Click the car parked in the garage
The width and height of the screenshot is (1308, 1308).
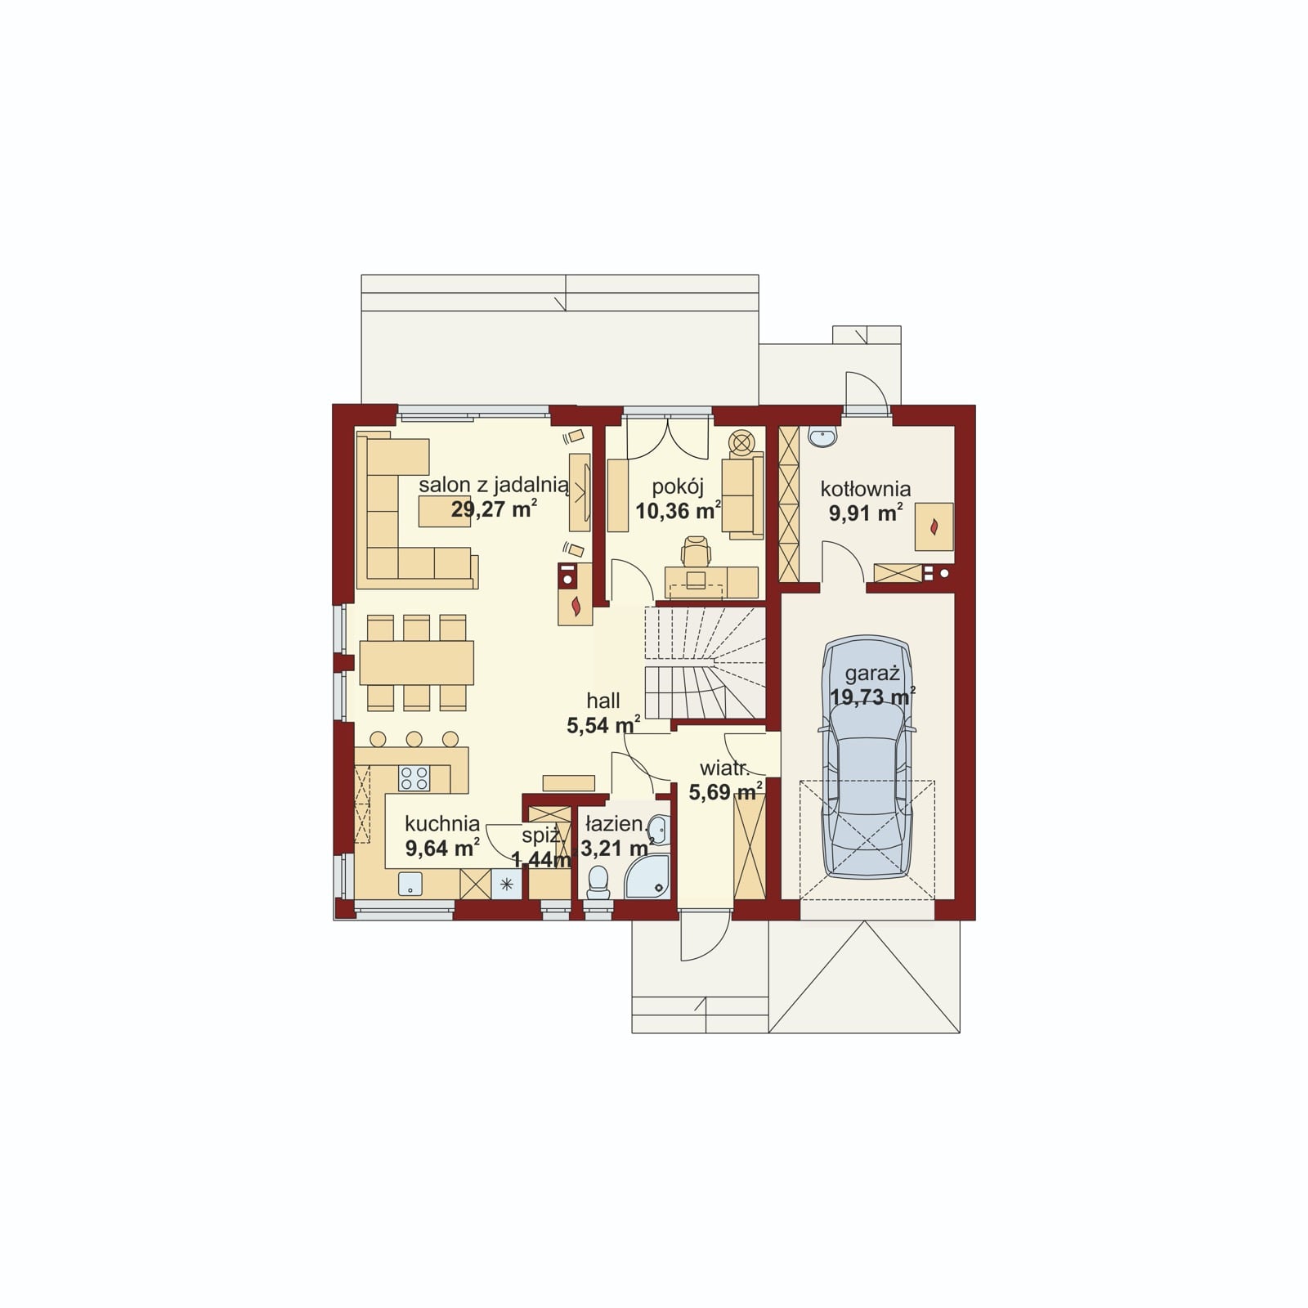pyautogui.click(x=867, y=757)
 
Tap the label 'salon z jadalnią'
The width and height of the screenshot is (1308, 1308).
pyautogui.click(x=494, y=485)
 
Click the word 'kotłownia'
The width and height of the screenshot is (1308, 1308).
pyautogui.click(x=866, y=489)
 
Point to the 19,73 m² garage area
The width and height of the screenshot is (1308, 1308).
pyautogui.click(x=872, y=697)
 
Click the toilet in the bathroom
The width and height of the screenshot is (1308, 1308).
pyautogui.click(x=598, y=882)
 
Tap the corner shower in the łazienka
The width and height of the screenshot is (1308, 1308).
pyautogui.click(x=647, y=877)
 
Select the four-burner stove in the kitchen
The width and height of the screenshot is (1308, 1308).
pyautogui.click(x=414, y=777)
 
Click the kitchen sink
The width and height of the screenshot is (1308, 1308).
pyautogui.click(x=410, y=884)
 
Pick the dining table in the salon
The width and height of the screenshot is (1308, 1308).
pyautogui.click(x=416, y=662)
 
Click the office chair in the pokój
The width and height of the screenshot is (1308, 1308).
pyautogui.click(x=696, y=553)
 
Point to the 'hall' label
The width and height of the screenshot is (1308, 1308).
pyautogui.click(x=603, y=701)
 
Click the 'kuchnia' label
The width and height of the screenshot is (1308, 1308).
pyautogui.click(x=442, y=824)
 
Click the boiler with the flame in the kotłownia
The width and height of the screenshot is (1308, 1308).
pyautogui.click(x=934, y=526)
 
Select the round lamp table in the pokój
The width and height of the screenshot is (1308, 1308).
pyautogui.click(x=742, y=442)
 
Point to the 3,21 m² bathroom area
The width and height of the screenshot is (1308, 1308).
pyautogui.click(x=617, y=848)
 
